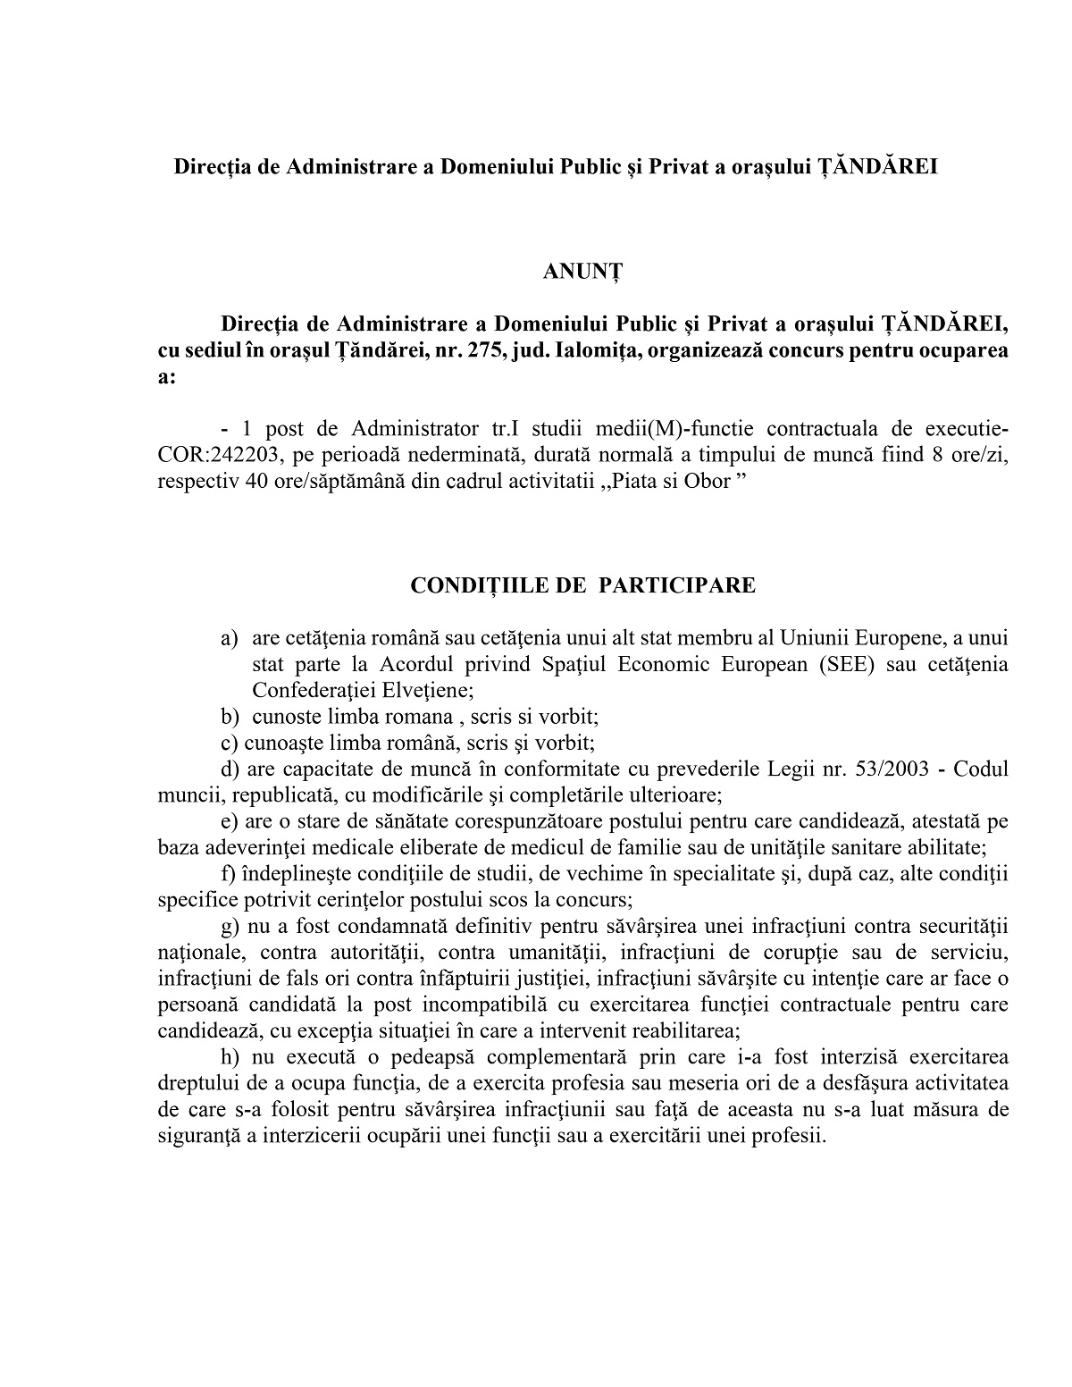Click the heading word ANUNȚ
[x=582, y=273]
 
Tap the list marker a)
[x=230, y=639]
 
